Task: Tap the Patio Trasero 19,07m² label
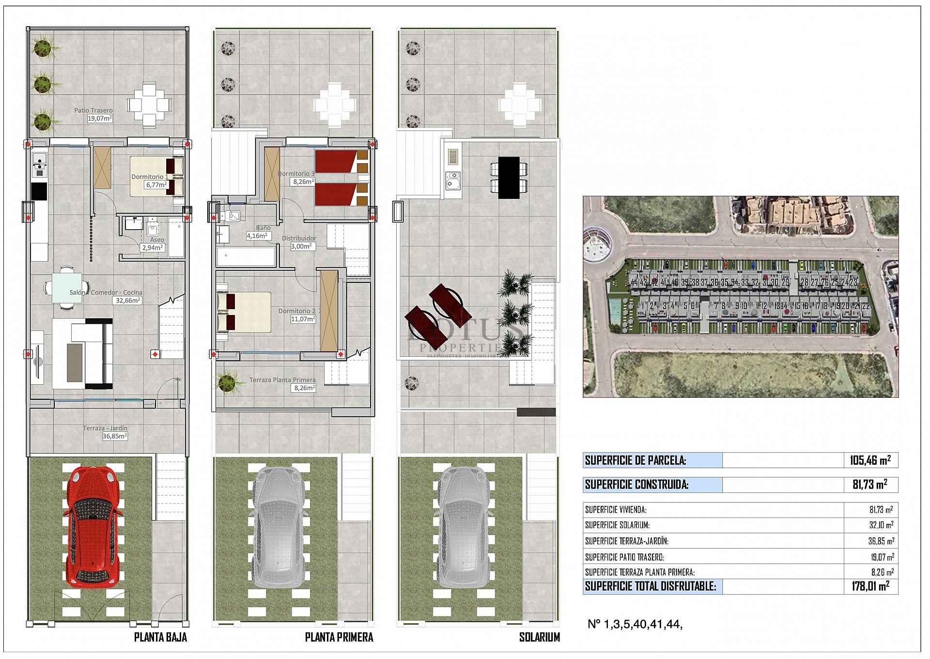tap(94, 114)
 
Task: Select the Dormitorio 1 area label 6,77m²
tap(156, 185)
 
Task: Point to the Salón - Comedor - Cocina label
tap(106, 293)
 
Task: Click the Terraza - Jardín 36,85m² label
tap(105, 432)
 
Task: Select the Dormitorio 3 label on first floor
tap(296, 173)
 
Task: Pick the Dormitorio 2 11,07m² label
tap(297, 315)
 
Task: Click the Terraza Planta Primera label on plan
tap(282, 380)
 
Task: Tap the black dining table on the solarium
tap(508, 177)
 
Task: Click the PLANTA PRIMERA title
tap(339, 637)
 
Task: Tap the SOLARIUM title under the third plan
tap(539, 637)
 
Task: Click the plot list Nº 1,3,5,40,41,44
tap(635, 625)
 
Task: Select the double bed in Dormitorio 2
tap(244, 312)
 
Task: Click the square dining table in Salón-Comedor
tap(67, 288)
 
